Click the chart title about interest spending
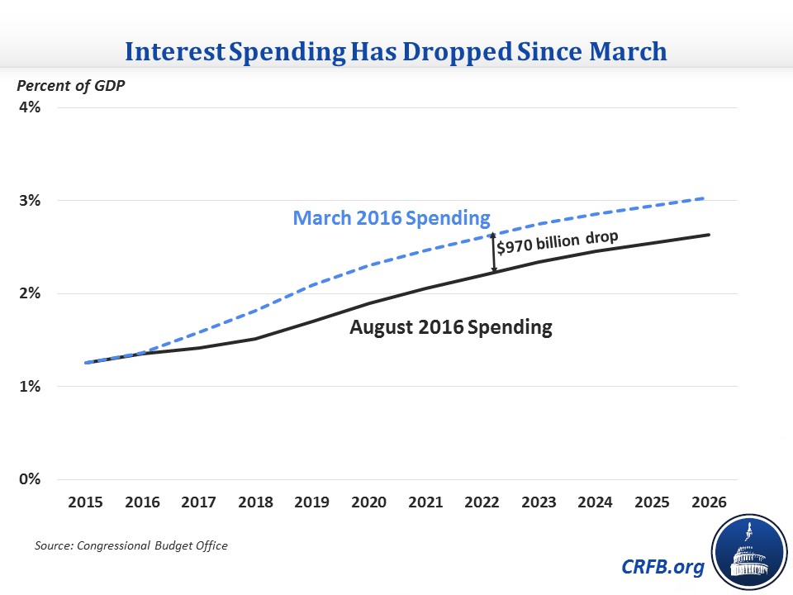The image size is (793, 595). pyautogui.click(x=396, y=52)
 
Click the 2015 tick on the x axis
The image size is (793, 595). pyautogui.click(x=85, y=502)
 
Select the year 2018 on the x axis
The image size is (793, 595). pyautogui.click(x=255, y=502)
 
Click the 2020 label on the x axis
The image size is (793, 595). pyautogui.click(x=368, y=502)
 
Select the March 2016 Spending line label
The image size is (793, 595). pyautogui.click(x=392, y=220)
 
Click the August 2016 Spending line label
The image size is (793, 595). pyautogui.click(x=450, y=327)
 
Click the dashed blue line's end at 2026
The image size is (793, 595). pyautogui.click(x=704, y=198)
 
